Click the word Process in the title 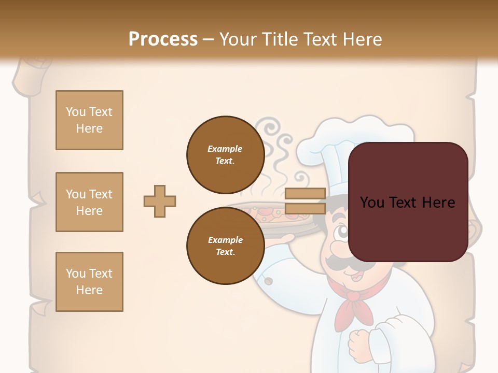(x=163, y=39)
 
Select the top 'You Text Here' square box (x=89, y=120)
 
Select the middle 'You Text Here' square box (x=89, y=202)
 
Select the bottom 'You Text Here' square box (x=89, y=282)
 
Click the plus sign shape (x=160, y=201)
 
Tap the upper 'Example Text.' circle (x=225, y=155)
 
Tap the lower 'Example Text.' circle (x=225, y=246)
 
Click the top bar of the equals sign (x=305, y=194)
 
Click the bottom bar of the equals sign (x=305, y=209)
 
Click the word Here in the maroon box (x=438, y=203)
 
